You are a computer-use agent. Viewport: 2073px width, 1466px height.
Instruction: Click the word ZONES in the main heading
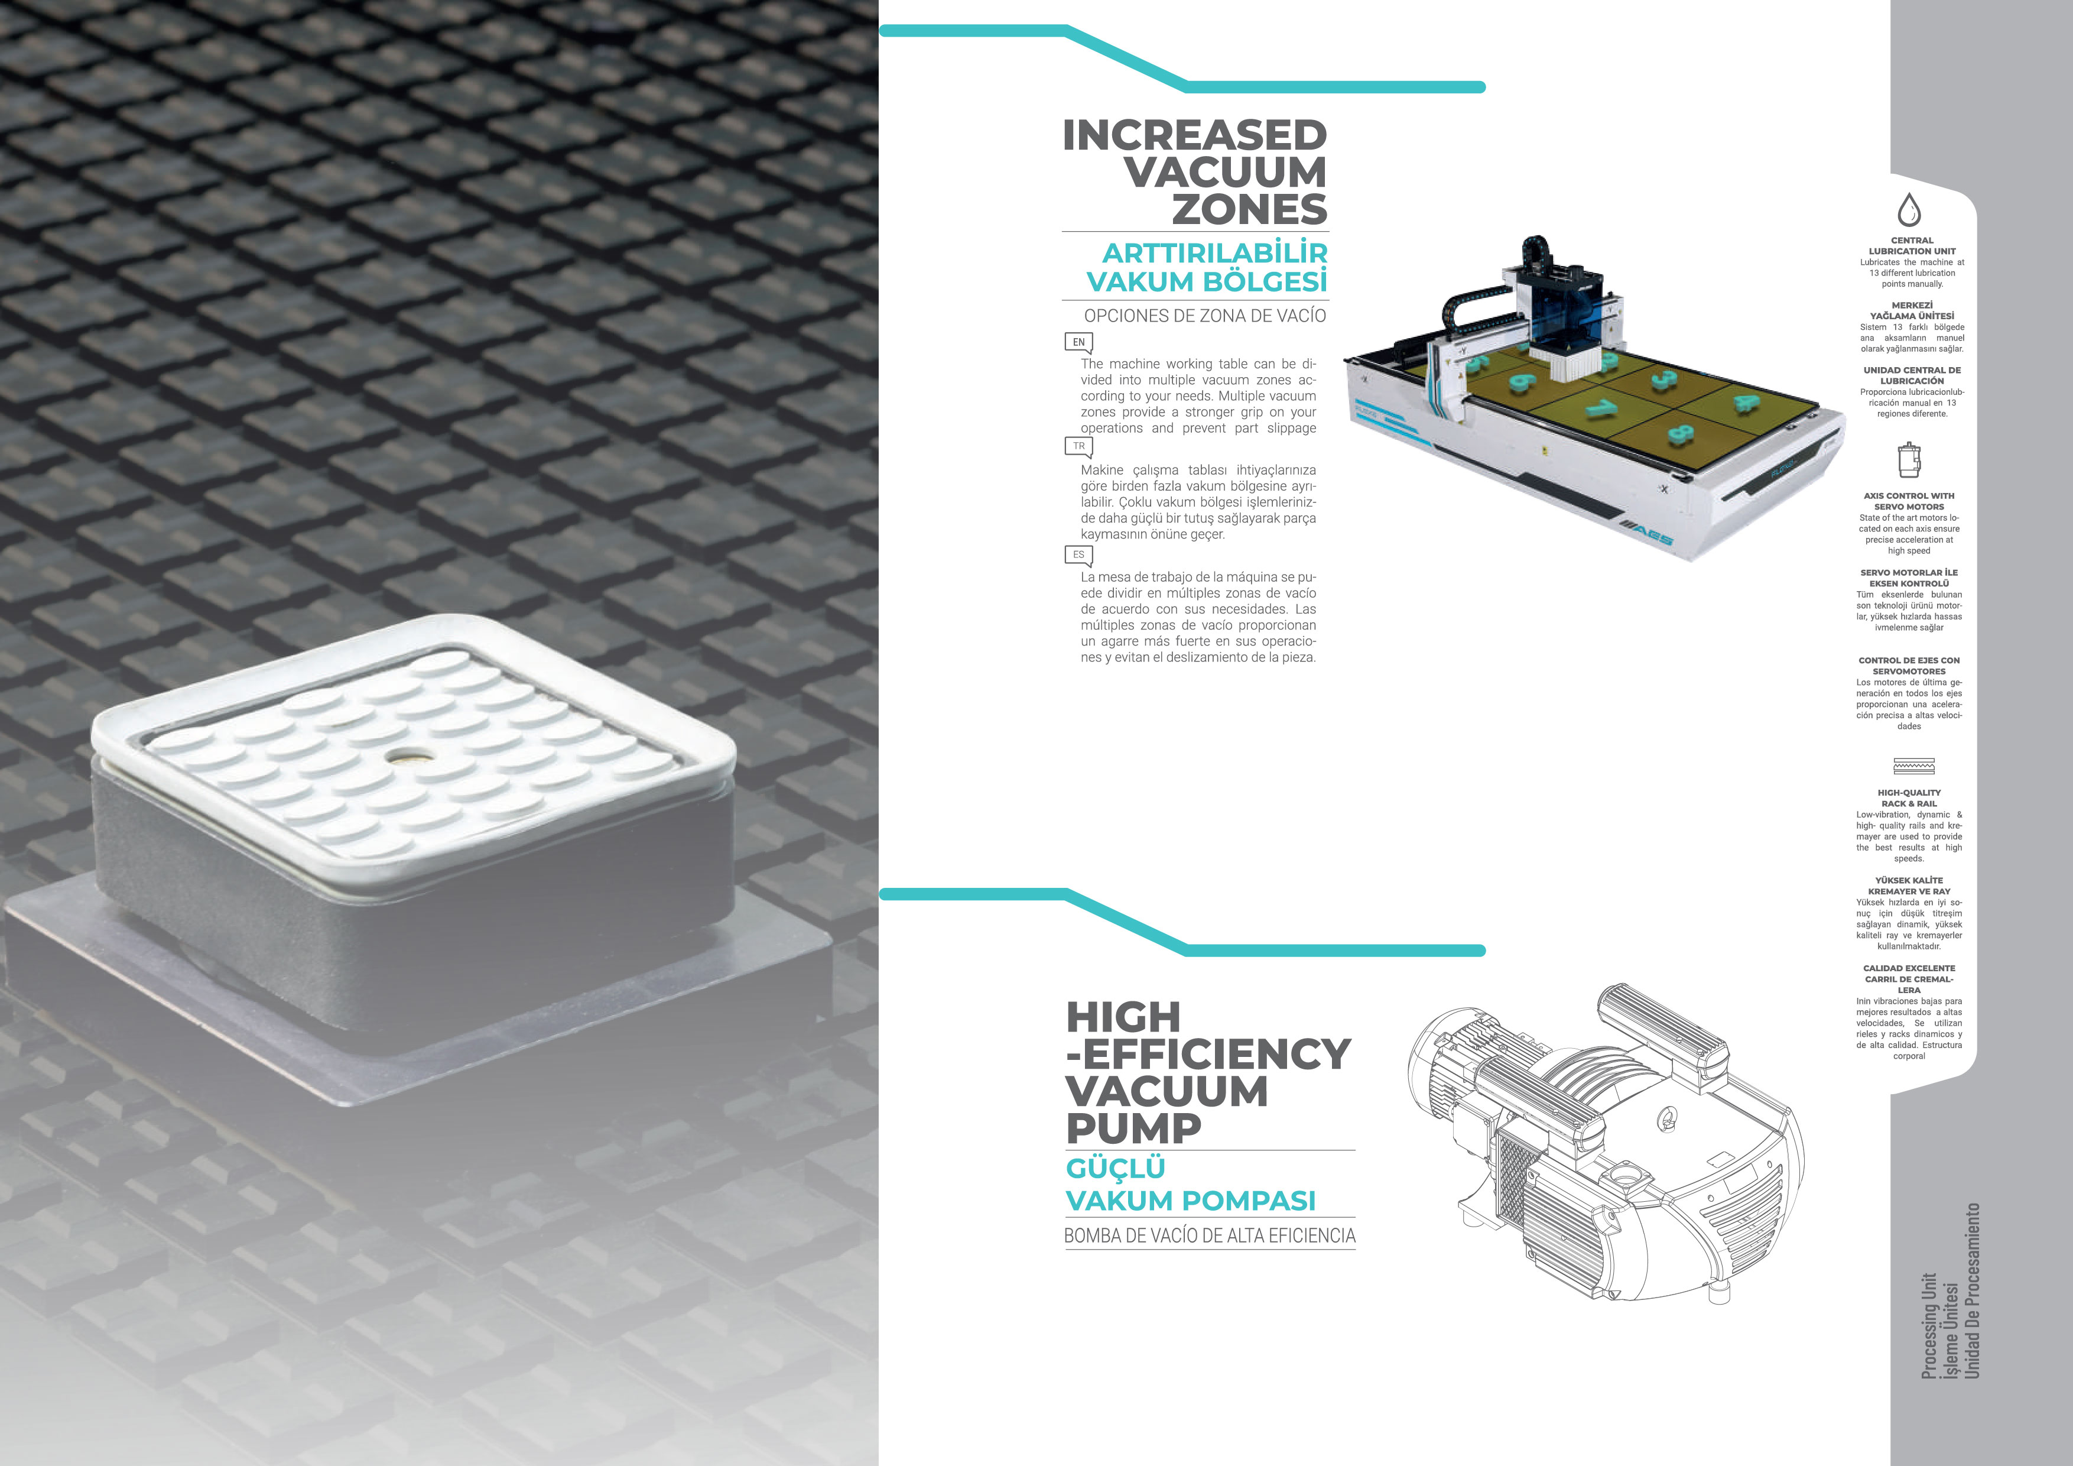tap(1250, 210)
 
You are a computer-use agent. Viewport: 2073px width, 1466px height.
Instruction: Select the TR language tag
tap(1079, 447)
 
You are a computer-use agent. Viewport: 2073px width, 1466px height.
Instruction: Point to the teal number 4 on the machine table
tap(1745, 403)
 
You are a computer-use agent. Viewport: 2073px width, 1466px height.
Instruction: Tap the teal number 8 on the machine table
tap(1680, 434)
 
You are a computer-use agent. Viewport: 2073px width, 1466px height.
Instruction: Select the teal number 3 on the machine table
tap(1663, 378)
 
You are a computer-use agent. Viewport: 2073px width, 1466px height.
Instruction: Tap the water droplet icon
tap(1909, 210)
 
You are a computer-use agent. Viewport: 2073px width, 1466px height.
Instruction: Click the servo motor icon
tap(1909, 460)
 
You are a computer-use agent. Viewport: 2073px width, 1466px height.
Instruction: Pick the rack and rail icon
tap(1913, 767)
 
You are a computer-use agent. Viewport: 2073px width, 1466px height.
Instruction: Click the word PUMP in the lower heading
tap(1134, 1129)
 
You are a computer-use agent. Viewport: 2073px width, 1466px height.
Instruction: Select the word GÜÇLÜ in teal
tap(1116, 1169)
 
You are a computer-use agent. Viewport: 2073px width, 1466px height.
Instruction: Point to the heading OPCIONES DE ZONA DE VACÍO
tap(1204, 316)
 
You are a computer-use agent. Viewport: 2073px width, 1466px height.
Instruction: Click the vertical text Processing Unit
tap(1929, 1326)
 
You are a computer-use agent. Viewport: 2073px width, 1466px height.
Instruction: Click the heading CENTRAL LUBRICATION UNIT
tap(1912, 246)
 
